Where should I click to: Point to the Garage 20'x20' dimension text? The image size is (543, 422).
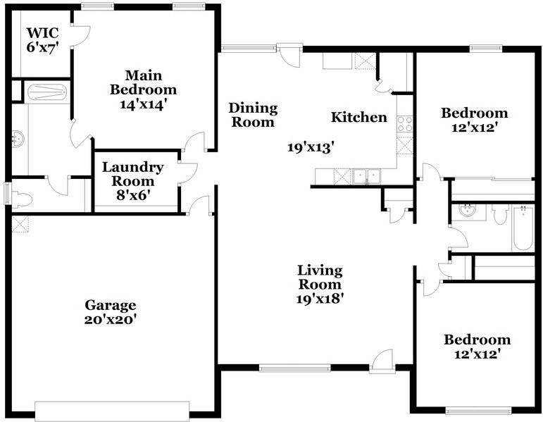click(x=111, y=318)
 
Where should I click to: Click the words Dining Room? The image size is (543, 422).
click(x=253, y=115)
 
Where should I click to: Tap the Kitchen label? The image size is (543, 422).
click(x=359, y=117)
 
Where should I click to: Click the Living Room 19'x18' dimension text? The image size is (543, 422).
click(x=320, y=298)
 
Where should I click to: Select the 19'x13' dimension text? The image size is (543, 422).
click(x=310, y=147)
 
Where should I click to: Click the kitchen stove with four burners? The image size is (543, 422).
click(x=404, y=124)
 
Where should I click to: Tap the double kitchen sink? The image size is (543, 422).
click(x=366, y=176)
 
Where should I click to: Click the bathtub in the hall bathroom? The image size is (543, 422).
click(x=523, y=227)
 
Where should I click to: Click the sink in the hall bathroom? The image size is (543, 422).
click(x=465, y=210)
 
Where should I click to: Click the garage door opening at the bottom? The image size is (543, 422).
click(x=112, y=410)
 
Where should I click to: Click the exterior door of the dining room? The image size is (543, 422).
click(x=289, y=54)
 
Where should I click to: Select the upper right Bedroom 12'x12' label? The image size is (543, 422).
click(x=474, y=120)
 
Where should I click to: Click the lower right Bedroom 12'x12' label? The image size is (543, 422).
click(x=477, y=347)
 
